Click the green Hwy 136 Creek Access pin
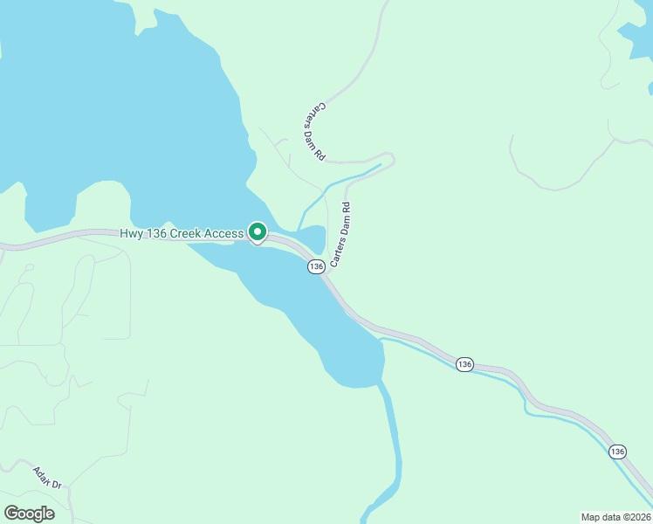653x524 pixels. click(x=258, y=232)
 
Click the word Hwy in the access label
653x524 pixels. click(x=132, y=233)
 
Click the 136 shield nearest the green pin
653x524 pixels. click(x=316, y=266)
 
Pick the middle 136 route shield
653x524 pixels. click(x=464, y=364)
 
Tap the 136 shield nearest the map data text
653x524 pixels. click(x=618, y=452)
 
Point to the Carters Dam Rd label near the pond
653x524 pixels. click(x=340, y=235)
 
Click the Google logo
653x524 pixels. click(x=29, y=514)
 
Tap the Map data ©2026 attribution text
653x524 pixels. click(x=615, y=516)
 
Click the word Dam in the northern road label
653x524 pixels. click(x=315, y=132)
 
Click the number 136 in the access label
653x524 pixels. click(x=160, y=233)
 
